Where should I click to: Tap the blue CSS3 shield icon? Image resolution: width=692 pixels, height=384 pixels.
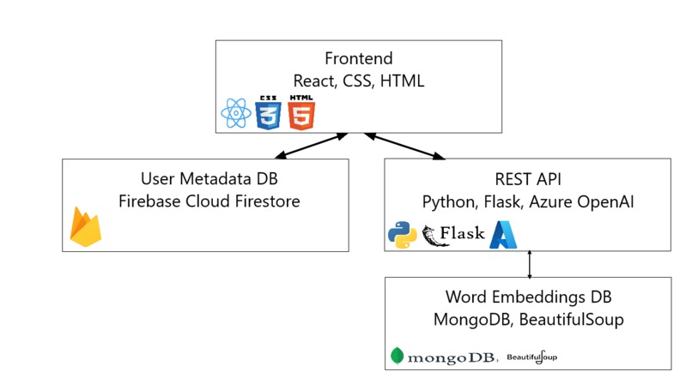coord(268,111)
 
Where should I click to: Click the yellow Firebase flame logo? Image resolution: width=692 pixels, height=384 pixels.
coord(86,227)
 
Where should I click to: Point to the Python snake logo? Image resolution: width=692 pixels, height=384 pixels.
coord(403,234)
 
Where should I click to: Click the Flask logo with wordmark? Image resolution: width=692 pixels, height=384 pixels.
coord(454,234)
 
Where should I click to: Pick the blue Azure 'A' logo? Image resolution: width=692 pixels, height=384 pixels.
coord(504,234)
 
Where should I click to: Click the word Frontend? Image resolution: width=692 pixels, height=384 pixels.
coord(358,59)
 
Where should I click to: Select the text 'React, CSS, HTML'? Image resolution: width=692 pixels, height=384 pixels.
coord(358,81)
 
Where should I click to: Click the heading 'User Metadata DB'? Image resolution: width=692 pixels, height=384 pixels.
coord(205,178)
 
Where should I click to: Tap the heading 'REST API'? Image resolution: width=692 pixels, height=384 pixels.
coord(527,178)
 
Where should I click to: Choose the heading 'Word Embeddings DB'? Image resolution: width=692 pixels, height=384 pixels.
coord(527,297)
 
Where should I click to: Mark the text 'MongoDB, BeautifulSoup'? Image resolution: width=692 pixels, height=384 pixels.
coord(527,320)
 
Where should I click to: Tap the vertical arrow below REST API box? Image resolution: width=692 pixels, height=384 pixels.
coord(530,264)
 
